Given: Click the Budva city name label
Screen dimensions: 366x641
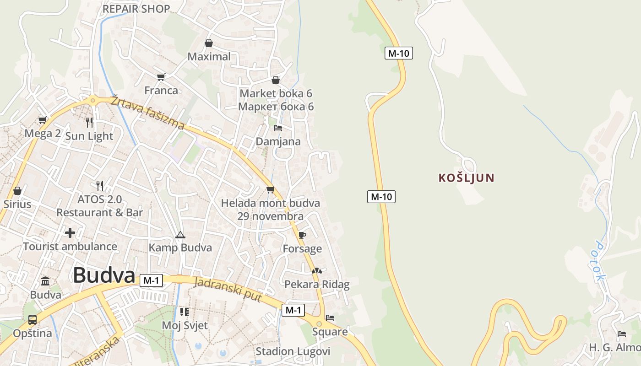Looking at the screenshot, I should click(104, 275).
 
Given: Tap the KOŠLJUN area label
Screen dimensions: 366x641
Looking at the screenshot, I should click(467, 178).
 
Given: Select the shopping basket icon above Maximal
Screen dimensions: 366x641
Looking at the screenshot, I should click(209, 43).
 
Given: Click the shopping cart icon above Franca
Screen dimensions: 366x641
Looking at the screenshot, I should click(161, 77).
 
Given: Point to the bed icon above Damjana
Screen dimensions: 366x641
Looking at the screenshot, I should click(278, 128).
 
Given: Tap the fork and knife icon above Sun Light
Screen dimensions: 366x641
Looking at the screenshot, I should click(89, 122).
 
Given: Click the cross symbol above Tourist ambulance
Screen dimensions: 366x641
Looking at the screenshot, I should click(70, 233).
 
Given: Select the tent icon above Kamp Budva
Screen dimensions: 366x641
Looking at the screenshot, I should click(180, 235).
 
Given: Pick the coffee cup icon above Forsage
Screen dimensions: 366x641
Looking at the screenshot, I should click(302, 235).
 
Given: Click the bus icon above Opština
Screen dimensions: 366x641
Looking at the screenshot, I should click(32, 319).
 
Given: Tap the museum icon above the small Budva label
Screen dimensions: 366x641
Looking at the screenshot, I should click(45, 281).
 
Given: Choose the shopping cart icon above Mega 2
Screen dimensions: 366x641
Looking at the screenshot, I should click(43, 120).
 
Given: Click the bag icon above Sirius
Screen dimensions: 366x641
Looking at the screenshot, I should click(17, 190).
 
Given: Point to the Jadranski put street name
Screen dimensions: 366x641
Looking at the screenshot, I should click(228, 290).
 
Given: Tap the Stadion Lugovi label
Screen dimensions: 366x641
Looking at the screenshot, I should click(293, 351).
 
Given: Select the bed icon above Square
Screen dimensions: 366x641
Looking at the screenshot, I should click(330, 318).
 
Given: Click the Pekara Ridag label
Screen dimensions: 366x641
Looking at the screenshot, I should click(317, 284).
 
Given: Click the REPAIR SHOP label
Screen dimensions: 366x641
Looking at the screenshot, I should click(136, 9).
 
